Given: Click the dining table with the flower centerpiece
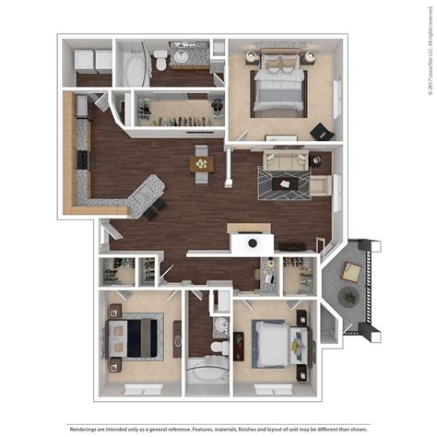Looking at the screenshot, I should click(202, 162).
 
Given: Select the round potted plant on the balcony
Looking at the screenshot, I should click(349, 296).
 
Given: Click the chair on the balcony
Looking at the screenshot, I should click(351, 270).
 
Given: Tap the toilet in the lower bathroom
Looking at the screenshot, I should click(218, 348).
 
